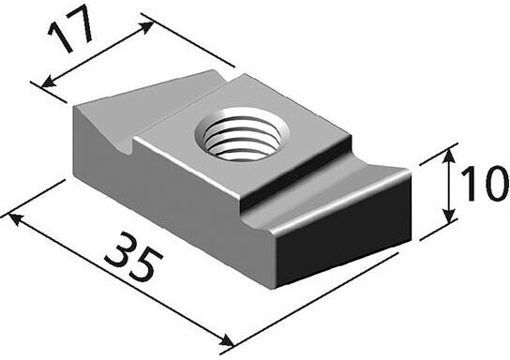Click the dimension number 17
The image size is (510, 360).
tap(70, 29)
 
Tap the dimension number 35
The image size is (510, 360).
tap(133, 257)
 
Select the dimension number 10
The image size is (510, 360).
tap(485, 183)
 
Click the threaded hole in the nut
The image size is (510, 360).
tap(242, 134)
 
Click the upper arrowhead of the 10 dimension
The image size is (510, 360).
tap(449, 157)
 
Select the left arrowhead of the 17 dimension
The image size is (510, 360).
tap(49, 82)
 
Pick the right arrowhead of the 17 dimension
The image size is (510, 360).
tap(146, 27)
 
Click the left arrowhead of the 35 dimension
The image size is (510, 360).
tap(16, 219)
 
